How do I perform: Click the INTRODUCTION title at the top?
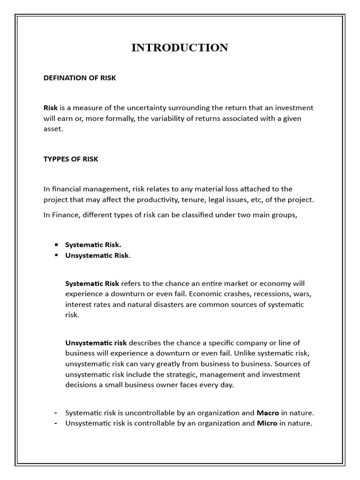tap(180, 47)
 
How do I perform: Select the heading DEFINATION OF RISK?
tap(80, 78)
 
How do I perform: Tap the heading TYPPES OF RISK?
tap(71, 159)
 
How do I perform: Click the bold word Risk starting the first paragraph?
tap(51, 108)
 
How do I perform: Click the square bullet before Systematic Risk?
tap(56, 245)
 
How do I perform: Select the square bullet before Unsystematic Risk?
tap(56, 255)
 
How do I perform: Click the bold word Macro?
tap(268, 413)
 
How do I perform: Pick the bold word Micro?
tap(267, 423)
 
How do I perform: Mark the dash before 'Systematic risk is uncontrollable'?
tap(56, 413)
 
